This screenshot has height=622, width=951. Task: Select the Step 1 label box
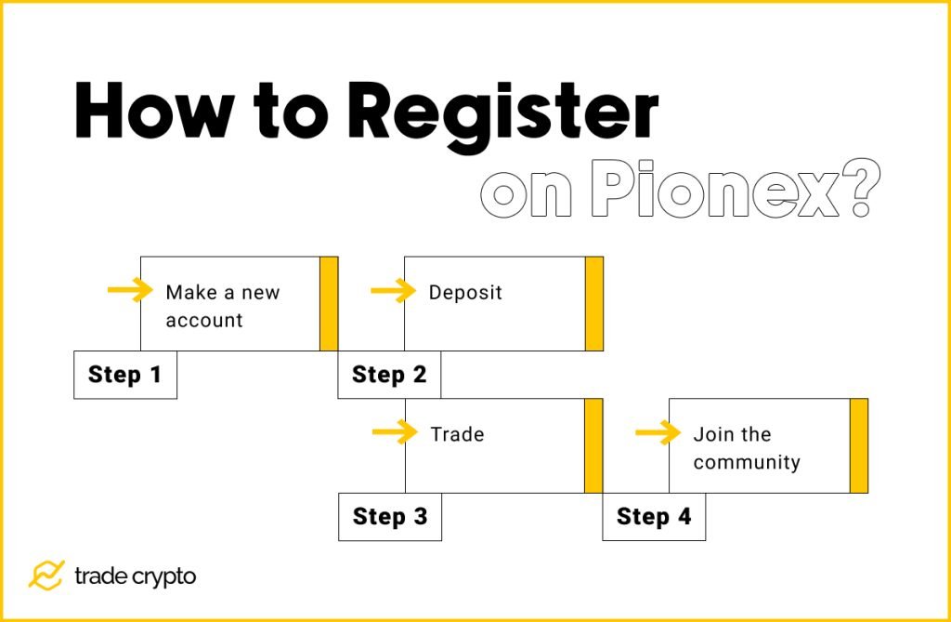[x=125, y=375]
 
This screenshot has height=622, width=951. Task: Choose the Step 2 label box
[x=389, y=375]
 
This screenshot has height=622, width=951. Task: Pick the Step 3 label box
[x=390, y=516]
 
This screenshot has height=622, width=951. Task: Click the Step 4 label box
[x=654, y=516]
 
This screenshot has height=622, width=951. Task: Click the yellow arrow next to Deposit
[x=394, y=291]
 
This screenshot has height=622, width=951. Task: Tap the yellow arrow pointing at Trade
[x=395, y=432]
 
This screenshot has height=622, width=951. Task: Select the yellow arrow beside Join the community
[x=658, y=432]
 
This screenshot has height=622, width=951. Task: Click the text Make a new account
[x=223, y=306]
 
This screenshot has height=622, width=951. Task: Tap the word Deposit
[x=465, y=293]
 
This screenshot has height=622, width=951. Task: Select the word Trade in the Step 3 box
[x=457, y=434]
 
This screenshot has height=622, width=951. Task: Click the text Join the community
[x=746, y=448]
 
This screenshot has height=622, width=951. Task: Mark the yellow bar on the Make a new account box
[x=329, y=303]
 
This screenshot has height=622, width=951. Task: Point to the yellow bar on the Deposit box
[x=594, y=303]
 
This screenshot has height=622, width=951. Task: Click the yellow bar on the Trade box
[x=593, y=445]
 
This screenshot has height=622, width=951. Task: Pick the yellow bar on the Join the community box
[x=859, y=445]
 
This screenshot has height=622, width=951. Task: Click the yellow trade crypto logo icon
[x=46, y=576]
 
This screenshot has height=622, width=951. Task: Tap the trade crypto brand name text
[x=136, y=576]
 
